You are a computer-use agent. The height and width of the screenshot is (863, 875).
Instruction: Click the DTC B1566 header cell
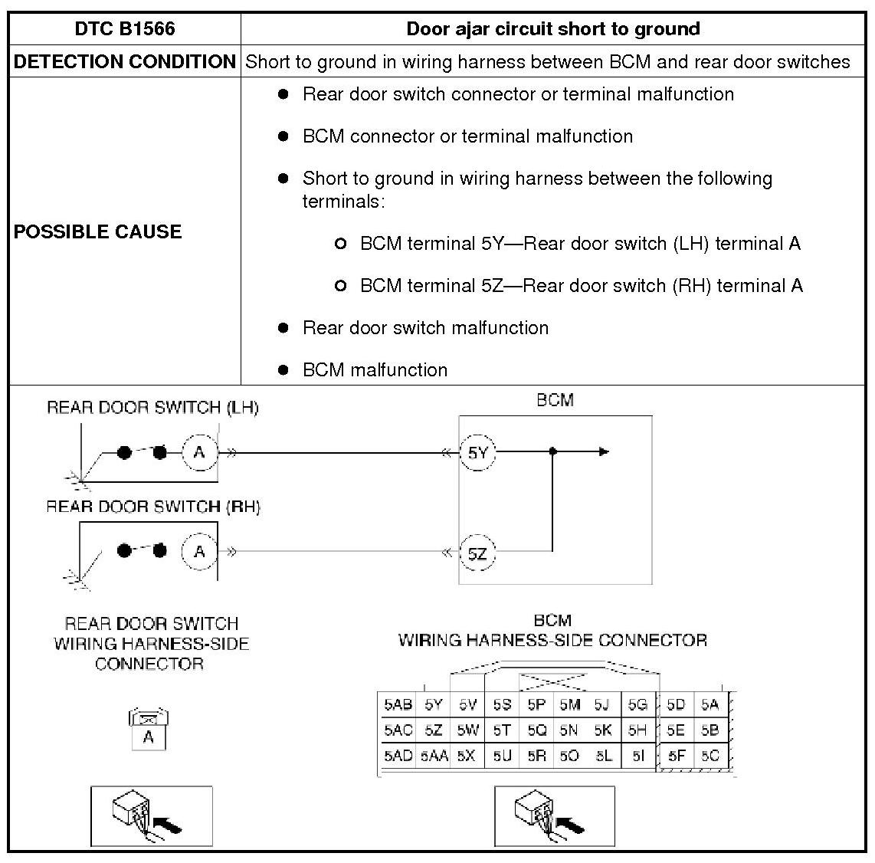(x=125, y=29)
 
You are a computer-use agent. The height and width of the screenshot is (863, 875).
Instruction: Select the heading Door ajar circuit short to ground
(x=552, y=29)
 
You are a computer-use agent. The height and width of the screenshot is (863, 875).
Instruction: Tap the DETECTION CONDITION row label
(x=125, y=62)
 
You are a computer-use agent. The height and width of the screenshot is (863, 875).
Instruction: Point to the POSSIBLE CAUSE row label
(x=97, y=231)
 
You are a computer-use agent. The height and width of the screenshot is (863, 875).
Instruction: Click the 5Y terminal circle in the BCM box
(x=477, y=452)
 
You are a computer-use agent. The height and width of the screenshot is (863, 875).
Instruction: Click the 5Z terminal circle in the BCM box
(x=477, y=553)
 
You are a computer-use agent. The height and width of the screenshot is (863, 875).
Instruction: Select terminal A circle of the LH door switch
(x=199, y=452)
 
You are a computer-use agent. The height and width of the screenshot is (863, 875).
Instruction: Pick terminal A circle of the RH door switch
(x=199, y=552)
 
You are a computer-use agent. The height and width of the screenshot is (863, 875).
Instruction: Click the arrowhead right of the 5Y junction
(x=605, y=452)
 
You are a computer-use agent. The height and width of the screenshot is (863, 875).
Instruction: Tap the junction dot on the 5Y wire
(x=553, y=452)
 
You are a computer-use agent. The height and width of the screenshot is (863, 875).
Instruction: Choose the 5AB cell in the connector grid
(x=398, y=705)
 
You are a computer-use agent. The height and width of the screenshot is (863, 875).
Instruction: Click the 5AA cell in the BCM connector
(x=434, y=756)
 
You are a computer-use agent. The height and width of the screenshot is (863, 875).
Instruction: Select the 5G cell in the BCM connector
(x=637, y=705)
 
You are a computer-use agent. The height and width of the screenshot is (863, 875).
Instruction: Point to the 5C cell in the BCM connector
(x=710, y=756)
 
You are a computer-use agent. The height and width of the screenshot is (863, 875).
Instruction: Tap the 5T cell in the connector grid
(x=502, y=730)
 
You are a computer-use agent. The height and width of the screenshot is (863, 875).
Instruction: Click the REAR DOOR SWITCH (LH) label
(x=152, y=408)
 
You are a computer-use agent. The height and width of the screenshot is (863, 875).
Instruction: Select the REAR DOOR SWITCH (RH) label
(x=152, y=507)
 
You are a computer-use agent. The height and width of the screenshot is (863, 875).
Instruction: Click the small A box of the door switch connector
(x=149, y=737)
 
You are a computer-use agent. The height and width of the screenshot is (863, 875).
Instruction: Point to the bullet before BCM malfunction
(x=283, y=370)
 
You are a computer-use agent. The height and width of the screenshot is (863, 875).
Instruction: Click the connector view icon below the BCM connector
(x=554, y=816)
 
